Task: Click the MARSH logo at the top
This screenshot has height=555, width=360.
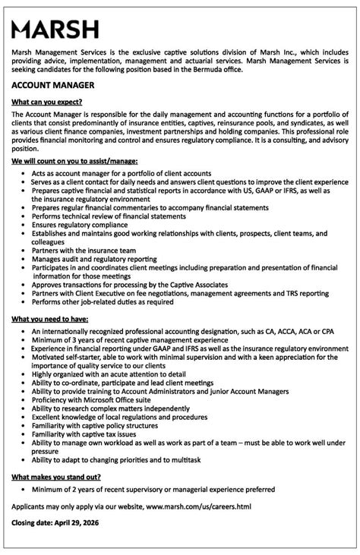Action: [55, 30]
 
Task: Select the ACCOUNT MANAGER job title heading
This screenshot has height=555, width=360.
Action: [53, 86]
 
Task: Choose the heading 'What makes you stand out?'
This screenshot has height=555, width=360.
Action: [56, 476]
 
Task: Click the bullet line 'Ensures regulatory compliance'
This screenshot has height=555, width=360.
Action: [80, 225]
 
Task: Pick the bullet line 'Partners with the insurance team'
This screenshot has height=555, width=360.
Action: [84, 250]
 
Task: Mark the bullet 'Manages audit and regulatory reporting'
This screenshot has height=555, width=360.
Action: [94, 259]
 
